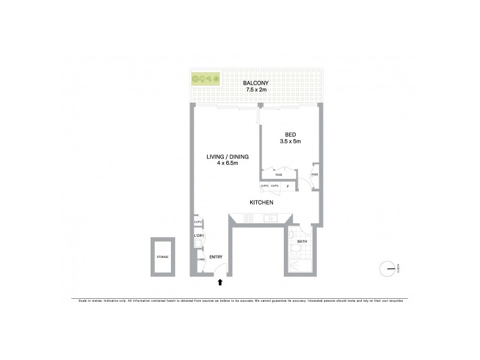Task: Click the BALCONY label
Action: tap(256, 83)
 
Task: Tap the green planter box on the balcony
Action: tap(205, 79)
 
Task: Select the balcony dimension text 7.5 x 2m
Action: tap(256, 90)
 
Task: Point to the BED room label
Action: tap(289, 134)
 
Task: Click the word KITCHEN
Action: tap(262, 203)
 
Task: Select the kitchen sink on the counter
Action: tap(272, 218)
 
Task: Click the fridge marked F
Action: tap(288, 186)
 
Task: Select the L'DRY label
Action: tap(198, 236)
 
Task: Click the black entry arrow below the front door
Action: tap(220, 281)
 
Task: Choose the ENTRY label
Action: tap(216, 257)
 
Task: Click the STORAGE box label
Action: tap(163, 257)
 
